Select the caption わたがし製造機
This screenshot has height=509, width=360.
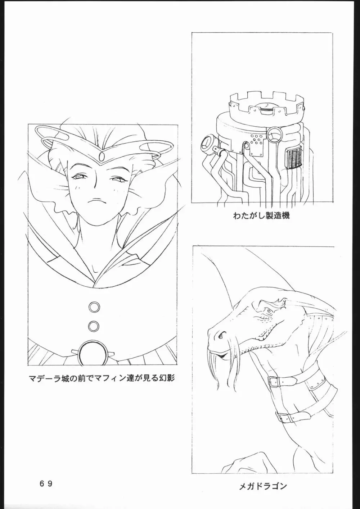tap(261, 215)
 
